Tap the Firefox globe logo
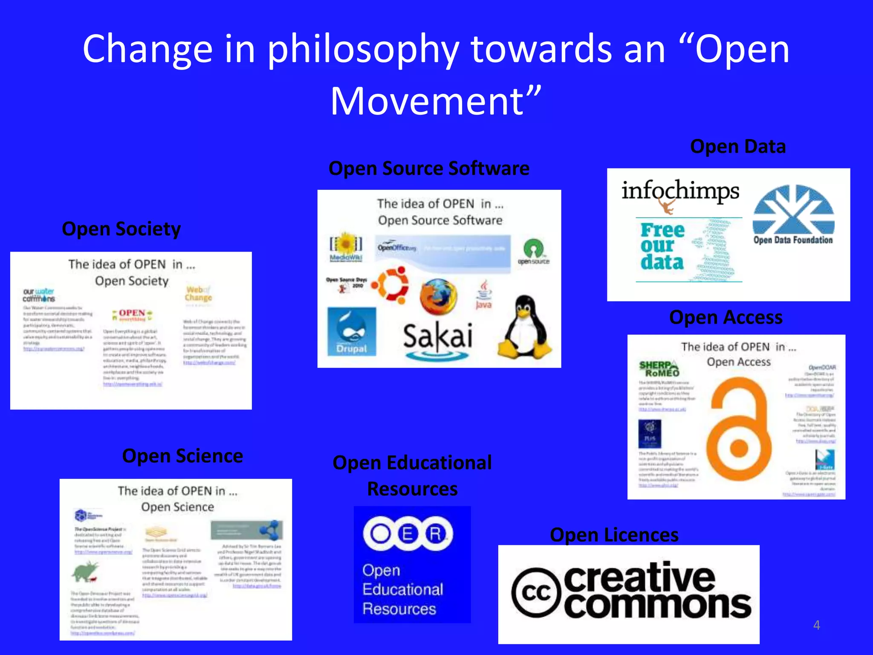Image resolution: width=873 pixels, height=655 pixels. coord(438,297)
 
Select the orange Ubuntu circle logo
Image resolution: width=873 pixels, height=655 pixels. coord(391,285)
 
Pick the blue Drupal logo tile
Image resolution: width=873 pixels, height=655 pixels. coord(352,331)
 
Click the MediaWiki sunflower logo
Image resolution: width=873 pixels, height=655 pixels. coord(346,246)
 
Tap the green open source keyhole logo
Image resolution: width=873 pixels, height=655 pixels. coord(533,251)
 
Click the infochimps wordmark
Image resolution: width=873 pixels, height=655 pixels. coord(680,191)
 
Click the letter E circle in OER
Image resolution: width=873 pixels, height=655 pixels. coord(408,534)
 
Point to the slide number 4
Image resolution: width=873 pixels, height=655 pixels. coord(816,625)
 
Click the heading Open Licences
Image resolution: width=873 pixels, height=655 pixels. coord(614,535)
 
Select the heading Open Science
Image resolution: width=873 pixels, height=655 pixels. coord(182,456)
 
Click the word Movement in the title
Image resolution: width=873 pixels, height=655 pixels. coord(427,101)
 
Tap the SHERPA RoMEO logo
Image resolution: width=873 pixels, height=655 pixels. coord(659,369)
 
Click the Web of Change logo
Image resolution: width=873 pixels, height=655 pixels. coord(198,294)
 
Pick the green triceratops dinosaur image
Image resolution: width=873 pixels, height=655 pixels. coord(85,572)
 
